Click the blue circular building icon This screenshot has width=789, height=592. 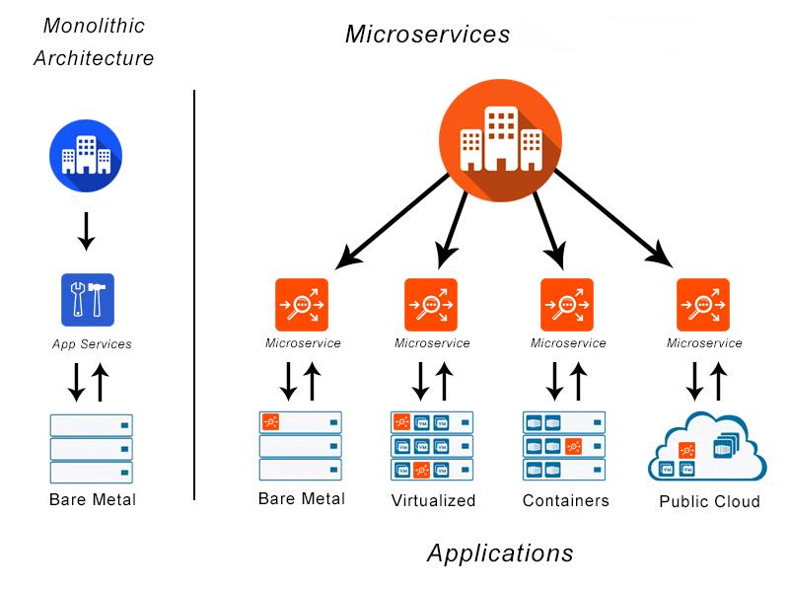86,156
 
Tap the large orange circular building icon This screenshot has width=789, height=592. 501,140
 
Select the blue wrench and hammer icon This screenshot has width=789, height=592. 88,300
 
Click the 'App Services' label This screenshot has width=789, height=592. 92,343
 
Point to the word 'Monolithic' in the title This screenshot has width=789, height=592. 94,26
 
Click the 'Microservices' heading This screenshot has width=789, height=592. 427,35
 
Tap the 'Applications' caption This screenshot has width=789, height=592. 500,554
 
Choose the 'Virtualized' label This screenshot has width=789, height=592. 433,500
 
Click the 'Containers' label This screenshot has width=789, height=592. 565,500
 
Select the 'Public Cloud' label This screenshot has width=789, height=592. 709,501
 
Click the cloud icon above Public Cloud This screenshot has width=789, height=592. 707,447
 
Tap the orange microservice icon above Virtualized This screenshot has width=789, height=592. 431,305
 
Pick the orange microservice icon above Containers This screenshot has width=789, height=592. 566,305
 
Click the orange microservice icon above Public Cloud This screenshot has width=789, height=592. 703,305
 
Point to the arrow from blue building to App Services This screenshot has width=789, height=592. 87,231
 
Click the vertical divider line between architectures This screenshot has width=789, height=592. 194,295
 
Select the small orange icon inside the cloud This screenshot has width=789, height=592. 686,450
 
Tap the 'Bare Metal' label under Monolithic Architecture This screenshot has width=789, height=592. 93,499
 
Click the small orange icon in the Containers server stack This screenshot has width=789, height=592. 574,446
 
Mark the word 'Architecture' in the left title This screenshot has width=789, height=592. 94,58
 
